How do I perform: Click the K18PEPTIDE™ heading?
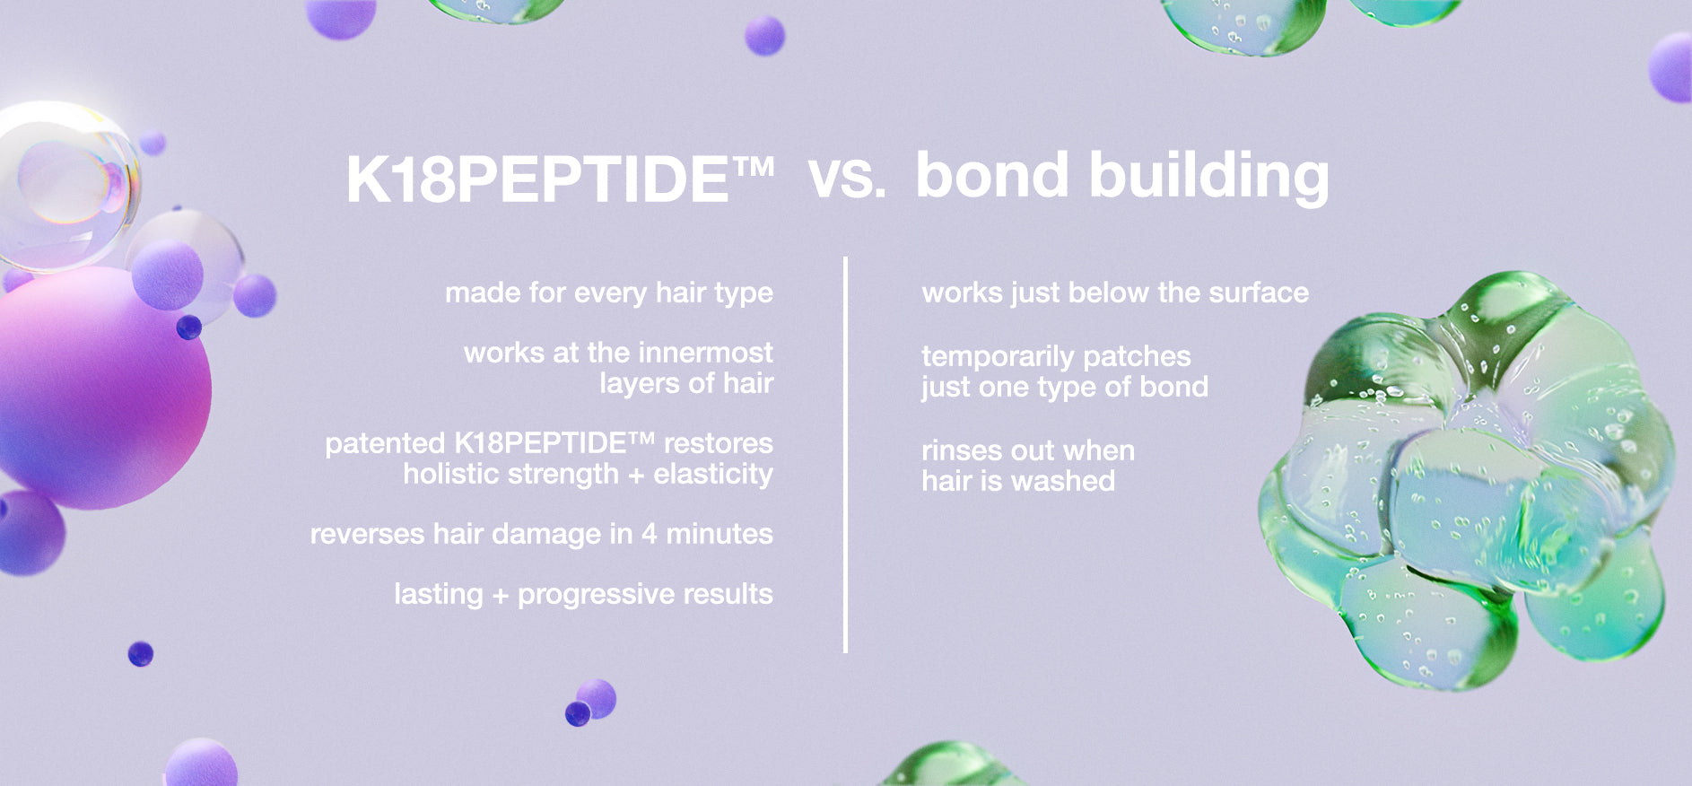(560, 179)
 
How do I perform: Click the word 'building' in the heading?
(1209, 177)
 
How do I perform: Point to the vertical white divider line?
(845, 455)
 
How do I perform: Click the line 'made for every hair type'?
(609, 293)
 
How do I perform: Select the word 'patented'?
(385, 443)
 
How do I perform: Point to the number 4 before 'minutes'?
(649, 534)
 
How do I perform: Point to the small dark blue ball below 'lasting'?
(578, 714)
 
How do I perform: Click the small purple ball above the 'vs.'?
(764, 36)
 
